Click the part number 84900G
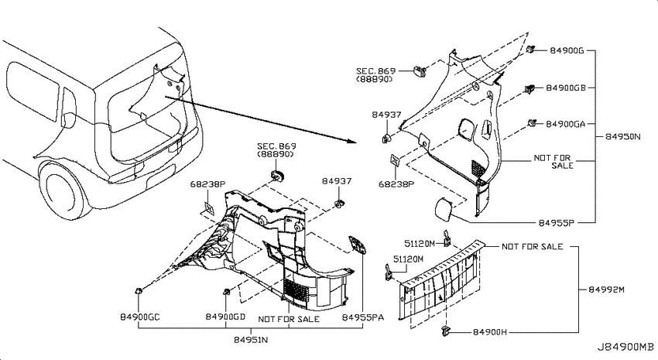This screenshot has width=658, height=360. point(567,51)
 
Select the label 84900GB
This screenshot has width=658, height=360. point(566,88)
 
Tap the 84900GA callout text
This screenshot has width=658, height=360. point(565,124)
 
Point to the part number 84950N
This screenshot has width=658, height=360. point(622,136)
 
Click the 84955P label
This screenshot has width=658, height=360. point(556,223)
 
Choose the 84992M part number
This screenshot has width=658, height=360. point(606,290)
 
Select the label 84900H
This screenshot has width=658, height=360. point(490,332)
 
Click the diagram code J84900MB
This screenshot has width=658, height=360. point(625,348)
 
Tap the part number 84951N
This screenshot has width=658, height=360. point(251,340)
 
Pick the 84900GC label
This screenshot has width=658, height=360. point(140,317)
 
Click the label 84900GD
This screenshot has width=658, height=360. point(225,317)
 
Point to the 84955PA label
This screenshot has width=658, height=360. point(362,317)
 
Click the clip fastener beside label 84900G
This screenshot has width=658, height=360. point(531,49)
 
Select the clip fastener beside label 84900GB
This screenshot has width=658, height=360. point(529,89)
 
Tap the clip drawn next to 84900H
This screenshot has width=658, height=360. point(445,331)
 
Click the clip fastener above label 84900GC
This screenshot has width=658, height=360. point(138,290)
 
